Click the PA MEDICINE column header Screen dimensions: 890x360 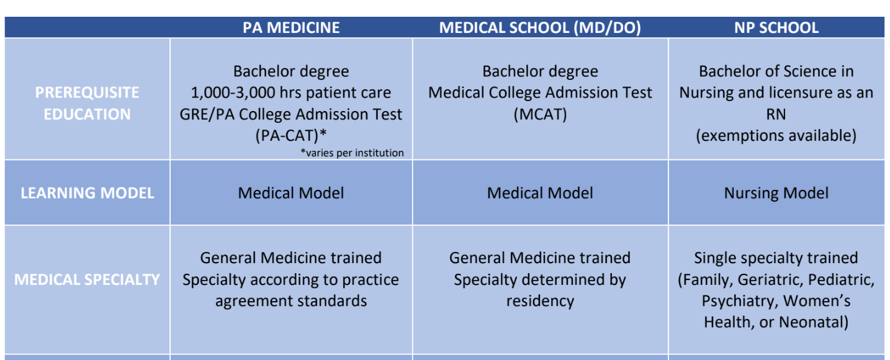291,27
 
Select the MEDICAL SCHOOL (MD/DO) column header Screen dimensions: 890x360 540,27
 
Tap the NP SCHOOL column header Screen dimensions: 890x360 776,27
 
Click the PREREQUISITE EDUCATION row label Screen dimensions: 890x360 87,103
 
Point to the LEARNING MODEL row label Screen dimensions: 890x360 87,193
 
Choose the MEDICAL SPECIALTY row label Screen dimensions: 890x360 87,280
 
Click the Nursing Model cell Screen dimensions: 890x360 776,194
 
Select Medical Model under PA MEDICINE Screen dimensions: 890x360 291,193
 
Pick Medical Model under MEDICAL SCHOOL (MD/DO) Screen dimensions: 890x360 540,193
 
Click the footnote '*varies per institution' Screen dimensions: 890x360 352,153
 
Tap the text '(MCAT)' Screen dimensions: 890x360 540,114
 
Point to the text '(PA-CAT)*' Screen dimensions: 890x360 291,136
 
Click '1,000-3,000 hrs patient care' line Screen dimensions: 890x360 291,93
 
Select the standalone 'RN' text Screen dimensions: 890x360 776,114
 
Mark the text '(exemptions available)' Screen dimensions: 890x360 776,136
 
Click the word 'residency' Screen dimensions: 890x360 540,301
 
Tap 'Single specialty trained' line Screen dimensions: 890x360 776,258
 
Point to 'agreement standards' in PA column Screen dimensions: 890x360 291,301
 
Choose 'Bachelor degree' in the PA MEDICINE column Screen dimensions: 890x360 291,71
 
